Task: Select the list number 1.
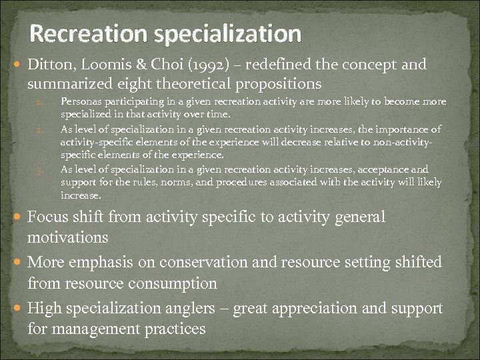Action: click(39, 103)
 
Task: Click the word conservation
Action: click(195, 263)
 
